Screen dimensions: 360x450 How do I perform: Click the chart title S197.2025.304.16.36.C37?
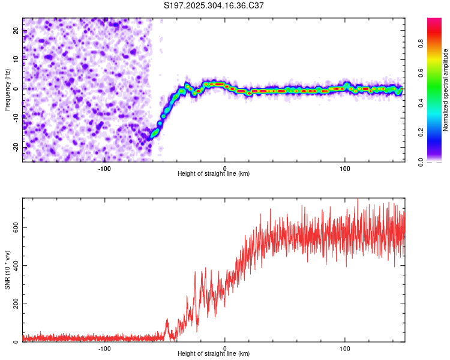pos(214,5)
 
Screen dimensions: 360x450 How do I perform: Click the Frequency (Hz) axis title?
pos(7,89)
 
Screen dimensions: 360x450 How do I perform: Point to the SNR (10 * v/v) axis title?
pos(7,268)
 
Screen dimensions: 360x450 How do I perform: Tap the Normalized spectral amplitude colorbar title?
pos(446,90)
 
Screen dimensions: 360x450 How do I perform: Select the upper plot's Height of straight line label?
pos(214,173)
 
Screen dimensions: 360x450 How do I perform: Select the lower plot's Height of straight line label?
pos(214,353)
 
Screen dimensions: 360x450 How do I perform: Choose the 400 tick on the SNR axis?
pos(13,265)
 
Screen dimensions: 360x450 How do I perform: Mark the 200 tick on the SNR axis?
pos(13,304)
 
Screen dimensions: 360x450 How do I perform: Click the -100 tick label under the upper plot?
pos(105,168)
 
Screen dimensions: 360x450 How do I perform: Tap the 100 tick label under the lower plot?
pos(345,348)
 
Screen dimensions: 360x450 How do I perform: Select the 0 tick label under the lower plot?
pos(225,348)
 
